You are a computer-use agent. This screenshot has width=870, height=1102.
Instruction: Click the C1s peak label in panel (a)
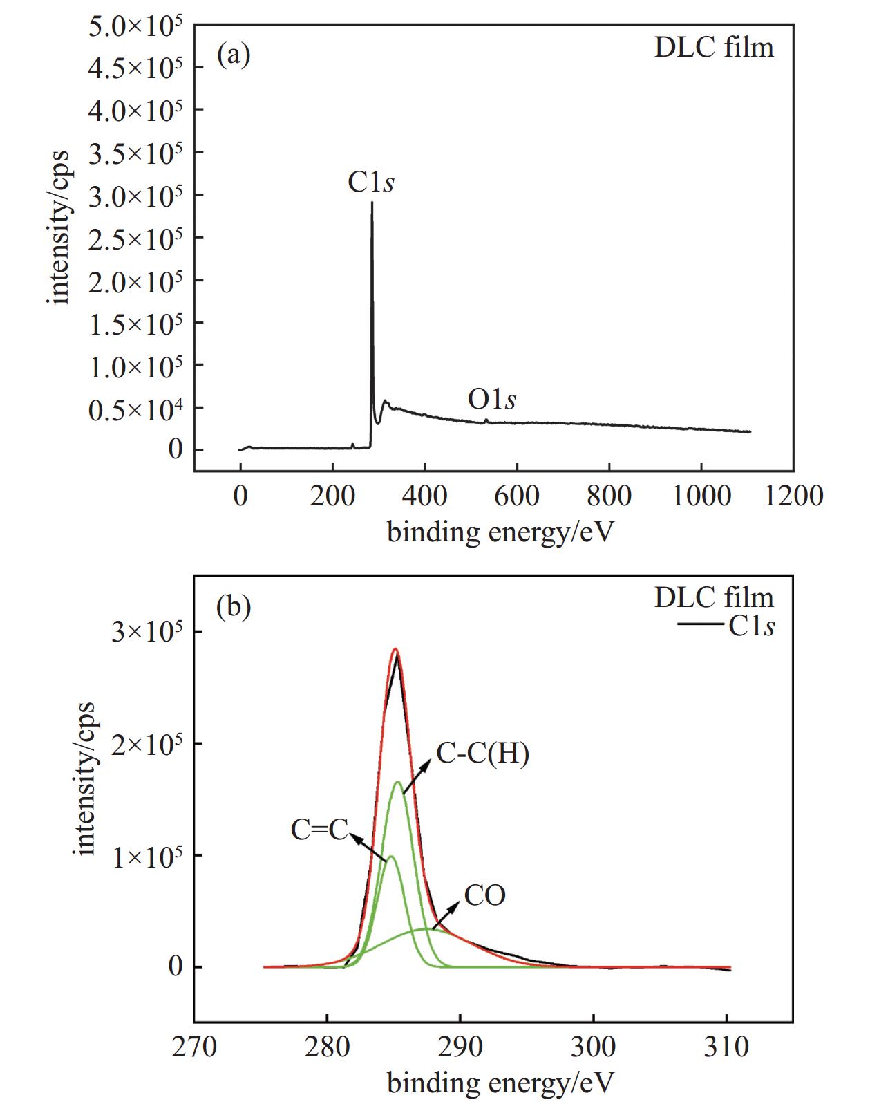point(371,183)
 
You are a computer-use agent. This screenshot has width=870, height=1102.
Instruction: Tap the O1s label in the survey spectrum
point(491,400)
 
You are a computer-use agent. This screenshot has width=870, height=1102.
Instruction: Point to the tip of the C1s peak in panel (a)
point(372,203)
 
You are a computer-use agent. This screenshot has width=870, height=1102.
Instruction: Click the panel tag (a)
point(234,54)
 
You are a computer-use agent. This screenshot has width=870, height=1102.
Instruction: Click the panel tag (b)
point(234,607)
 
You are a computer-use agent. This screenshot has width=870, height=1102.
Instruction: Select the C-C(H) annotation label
point(482,754)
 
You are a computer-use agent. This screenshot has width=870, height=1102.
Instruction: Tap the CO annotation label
point(484,895)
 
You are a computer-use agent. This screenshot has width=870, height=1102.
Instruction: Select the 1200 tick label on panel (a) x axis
point(793,496)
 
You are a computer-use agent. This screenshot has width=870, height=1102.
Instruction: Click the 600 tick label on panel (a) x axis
point(516,496)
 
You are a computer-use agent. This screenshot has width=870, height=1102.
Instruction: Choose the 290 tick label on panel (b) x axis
point(460,1047)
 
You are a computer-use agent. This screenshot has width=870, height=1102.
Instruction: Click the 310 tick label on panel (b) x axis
point(726,1047)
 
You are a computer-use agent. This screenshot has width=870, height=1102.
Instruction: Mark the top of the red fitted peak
point(395,649)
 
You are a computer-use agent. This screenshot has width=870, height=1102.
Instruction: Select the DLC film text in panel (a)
point(714,48)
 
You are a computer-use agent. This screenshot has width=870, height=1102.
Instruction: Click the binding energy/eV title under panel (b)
point(500,1083)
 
